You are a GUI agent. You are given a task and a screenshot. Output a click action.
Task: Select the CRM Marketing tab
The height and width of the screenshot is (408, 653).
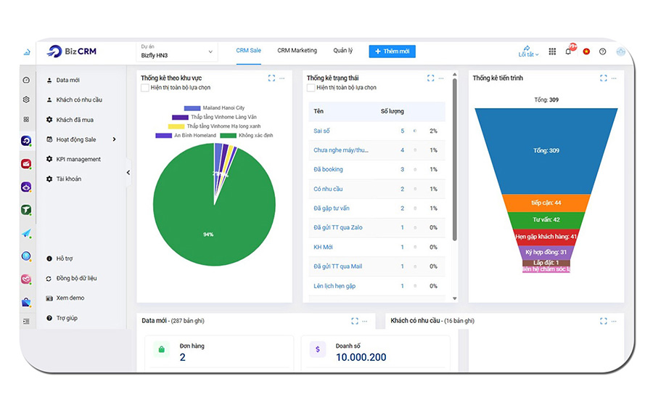297,51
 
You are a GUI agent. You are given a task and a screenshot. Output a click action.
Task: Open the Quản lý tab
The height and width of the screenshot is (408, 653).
342,51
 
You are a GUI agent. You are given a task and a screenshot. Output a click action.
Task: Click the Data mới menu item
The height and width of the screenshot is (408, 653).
67,81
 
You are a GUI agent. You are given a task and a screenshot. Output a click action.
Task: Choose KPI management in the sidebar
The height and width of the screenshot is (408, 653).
78,159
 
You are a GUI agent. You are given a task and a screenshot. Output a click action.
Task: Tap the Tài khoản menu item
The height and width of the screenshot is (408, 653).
69,179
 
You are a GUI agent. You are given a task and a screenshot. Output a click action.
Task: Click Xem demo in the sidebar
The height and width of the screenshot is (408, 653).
70,298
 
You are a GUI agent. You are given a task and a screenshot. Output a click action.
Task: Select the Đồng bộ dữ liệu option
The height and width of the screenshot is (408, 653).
76,278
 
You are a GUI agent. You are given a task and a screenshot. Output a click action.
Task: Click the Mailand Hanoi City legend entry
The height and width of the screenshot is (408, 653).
223,108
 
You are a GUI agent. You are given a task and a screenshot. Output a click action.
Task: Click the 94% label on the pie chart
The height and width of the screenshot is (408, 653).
208,234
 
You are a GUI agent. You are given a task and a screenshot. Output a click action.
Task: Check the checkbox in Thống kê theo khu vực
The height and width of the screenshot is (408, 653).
145,88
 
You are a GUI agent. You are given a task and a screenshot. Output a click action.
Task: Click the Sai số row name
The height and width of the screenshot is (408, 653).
321,131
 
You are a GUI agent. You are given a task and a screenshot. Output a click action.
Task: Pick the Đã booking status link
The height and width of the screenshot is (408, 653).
328,169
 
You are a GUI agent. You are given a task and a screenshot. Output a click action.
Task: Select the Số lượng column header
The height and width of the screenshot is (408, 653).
392,111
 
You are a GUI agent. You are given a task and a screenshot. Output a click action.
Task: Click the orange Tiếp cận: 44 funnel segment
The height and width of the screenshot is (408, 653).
546,203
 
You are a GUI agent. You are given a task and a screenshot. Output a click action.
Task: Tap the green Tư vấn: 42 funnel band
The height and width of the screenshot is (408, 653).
546,219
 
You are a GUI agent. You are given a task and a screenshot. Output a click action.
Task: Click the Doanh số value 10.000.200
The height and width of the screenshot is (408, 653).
361,357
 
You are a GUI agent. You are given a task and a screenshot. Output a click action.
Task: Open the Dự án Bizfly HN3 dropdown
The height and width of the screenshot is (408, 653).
177,52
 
